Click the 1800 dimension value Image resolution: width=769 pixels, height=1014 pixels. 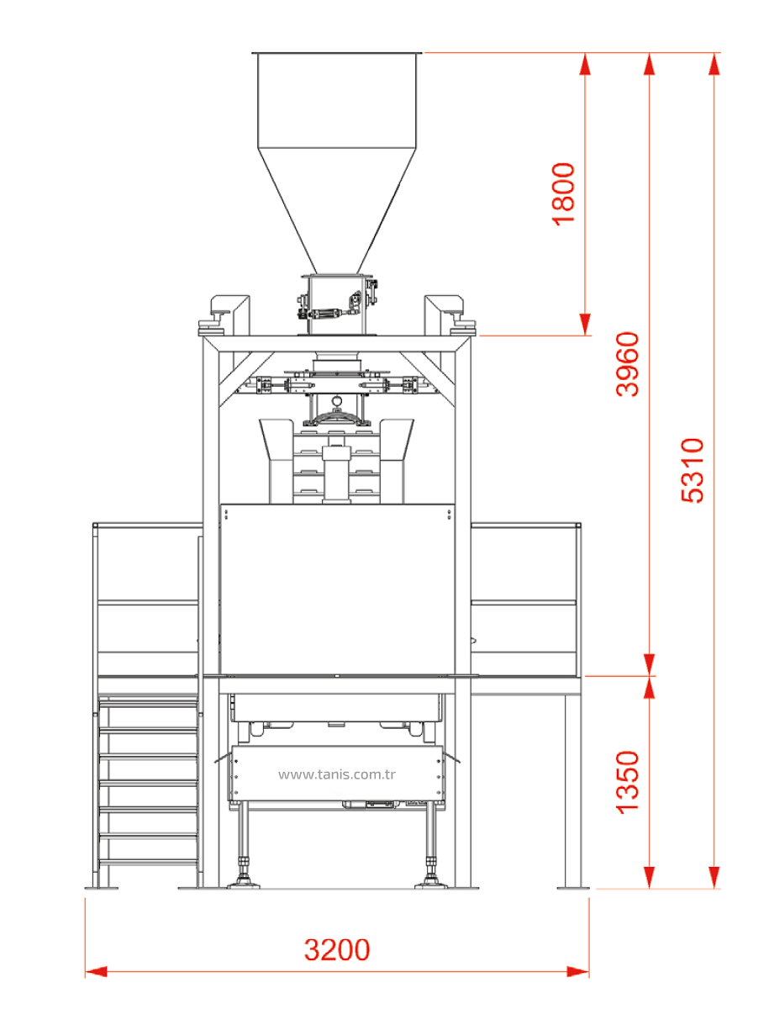coord(564,194)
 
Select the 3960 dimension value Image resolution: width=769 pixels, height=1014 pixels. coord(628,364)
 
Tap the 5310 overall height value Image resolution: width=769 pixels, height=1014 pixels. coord(693,470)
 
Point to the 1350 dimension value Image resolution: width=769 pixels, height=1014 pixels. coord(628,782)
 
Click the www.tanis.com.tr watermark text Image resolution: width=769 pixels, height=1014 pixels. coord(337,774)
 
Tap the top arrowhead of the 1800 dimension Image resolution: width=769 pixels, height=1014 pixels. coord(585,64)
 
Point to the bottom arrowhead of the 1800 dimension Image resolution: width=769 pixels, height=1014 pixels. coord(585,325)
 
